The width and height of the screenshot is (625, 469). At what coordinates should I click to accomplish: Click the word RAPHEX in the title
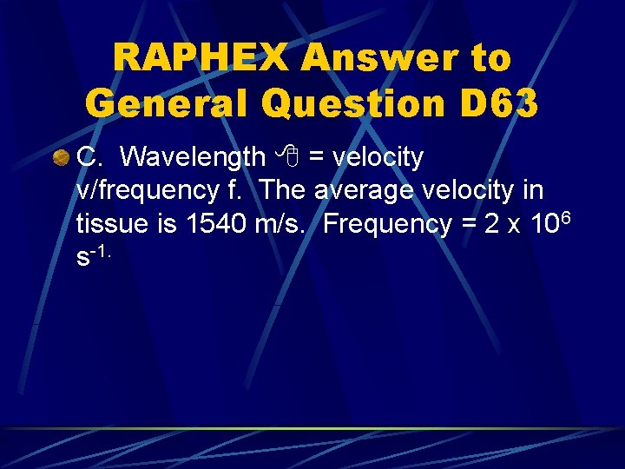point(200,58)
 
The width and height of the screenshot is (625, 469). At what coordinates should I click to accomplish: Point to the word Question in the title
point(356,103)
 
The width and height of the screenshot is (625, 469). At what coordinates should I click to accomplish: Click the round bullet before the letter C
point(61,158)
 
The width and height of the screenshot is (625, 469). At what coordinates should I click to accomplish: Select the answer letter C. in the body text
point(93,157)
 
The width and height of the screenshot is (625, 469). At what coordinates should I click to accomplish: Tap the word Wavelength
point(194,157)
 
